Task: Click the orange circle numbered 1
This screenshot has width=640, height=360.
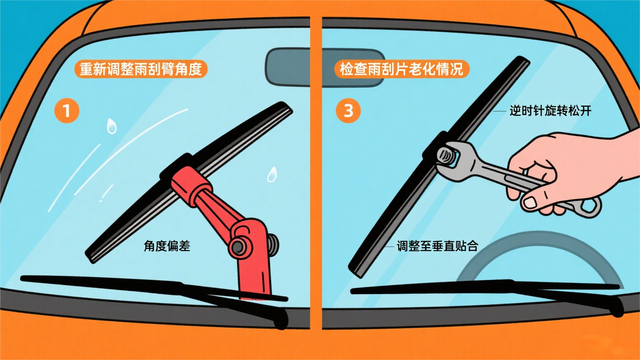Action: [67, 110]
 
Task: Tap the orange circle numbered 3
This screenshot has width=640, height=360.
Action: [348, 110]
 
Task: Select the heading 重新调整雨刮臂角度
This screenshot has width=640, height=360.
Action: [140, 69]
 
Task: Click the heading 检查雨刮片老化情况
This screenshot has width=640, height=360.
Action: [401, 69]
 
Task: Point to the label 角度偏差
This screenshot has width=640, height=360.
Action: [167, 246]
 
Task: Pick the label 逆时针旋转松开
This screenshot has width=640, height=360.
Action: [550, 110]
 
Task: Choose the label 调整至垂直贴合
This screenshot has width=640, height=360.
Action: [437, 246]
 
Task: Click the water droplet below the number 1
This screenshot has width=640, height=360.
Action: [111, 126]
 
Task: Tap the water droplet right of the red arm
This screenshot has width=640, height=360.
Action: [272, 175]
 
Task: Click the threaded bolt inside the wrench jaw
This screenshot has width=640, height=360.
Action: [446, 158]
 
